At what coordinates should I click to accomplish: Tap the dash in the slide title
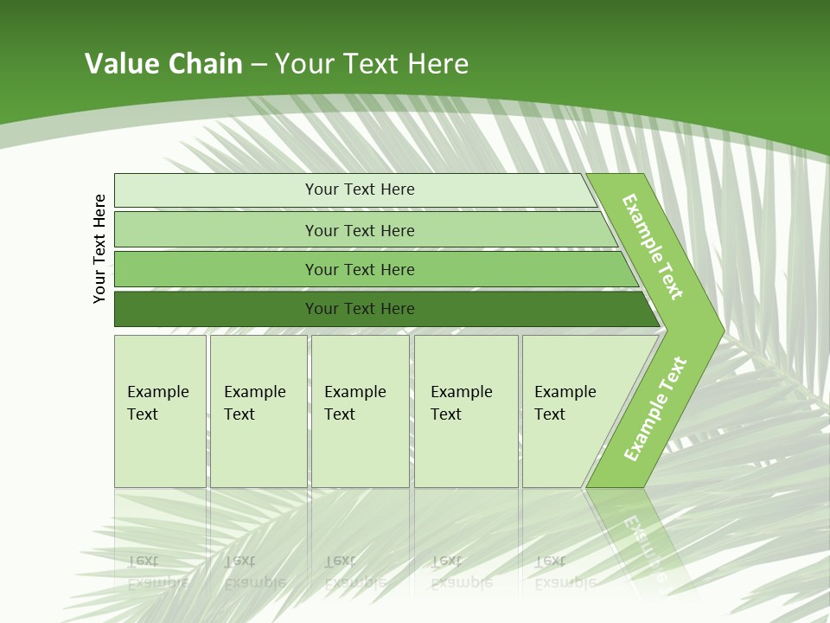click(x=259, y=65)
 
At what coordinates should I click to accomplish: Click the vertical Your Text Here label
click(x=99, y=248)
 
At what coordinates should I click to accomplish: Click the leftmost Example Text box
click(x=160, y=410)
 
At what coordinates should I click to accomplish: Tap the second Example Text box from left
click(x=258, y=410)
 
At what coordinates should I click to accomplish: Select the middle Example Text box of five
click(x=360, y=410)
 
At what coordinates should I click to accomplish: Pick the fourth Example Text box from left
click(x=465, y=410)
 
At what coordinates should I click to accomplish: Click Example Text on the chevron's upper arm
click(x=653, y=247)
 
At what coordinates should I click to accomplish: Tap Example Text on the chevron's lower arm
click(x=654, y=409)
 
